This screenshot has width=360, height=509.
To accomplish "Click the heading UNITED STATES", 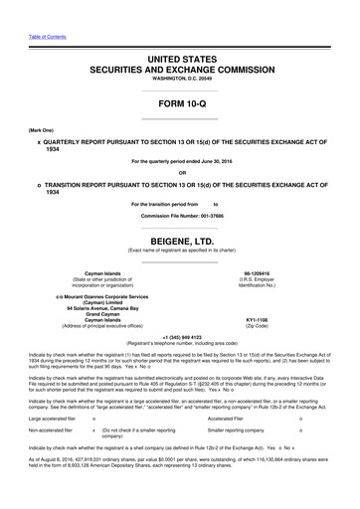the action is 180,62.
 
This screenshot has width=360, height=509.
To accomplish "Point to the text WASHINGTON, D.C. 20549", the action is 180,85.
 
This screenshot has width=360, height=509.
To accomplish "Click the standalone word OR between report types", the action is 180,182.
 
